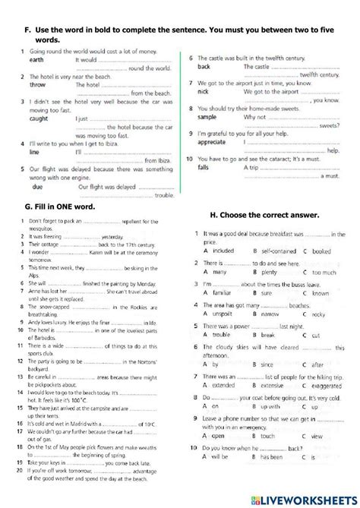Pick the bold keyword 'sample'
coord(207,117)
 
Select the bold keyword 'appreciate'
coord(213,142)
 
